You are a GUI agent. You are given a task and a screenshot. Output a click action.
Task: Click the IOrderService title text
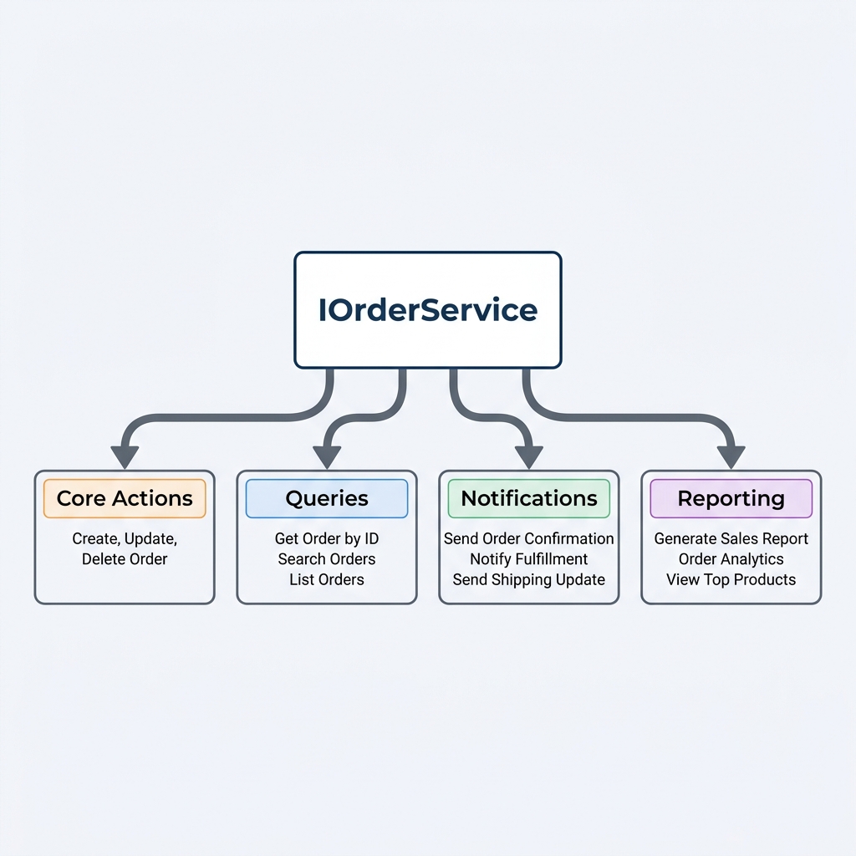[428, 310]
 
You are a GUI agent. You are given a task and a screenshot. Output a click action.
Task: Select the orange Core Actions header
[125, 499]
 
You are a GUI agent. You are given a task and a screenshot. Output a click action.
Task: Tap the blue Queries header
[327, 499]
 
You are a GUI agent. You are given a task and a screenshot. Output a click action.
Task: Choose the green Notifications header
[529, 499]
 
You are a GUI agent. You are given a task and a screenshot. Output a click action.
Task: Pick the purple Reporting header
[731, 499]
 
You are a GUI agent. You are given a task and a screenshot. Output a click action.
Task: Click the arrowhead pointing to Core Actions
[125, 456]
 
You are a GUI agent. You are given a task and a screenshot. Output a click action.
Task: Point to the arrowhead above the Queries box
[327, 456]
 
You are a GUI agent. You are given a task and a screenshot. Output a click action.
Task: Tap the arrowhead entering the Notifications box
[528, 456]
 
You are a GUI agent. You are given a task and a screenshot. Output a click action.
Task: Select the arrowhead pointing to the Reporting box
[731, 456]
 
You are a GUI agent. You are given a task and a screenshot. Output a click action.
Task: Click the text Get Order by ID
[327, 539]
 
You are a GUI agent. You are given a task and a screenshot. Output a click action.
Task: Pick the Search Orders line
[327, 559]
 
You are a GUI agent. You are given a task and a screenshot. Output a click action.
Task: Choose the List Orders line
[327, 579]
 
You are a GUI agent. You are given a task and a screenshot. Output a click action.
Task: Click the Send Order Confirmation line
[529, 539]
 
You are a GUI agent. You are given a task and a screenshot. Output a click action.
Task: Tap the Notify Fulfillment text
[529, 559]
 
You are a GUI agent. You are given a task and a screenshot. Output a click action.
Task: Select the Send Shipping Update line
[529, 579]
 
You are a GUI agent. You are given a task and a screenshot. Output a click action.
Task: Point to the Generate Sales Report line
[731, 539]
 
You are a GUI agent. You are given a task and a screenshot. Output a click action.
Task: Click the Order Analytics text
[731, 559]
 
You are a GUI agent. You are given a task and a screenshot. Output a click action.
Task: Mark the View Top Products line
[731, 579]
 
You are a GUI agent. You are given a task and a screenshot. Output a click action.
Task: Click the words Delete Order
[125, 559]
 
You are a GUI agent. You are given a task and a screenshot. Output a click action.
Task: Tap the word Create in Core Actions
[94, 539]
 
